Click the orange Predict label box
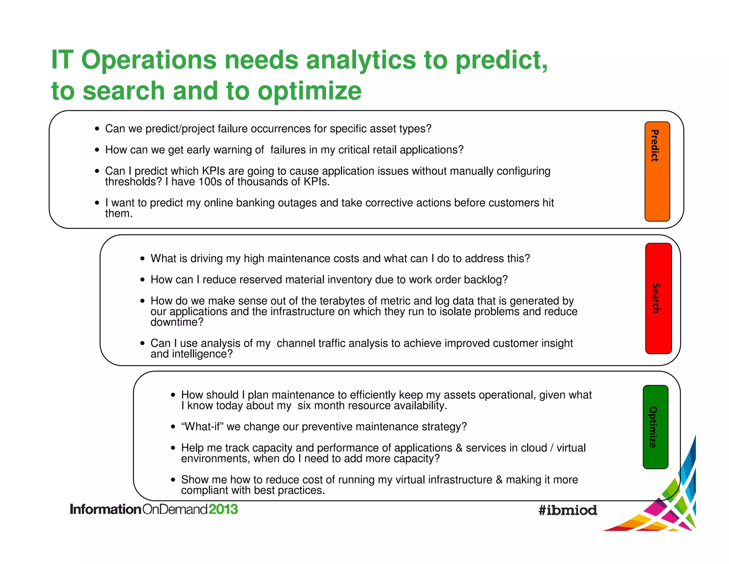click(657, 171)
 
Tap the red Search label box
click(658, 298)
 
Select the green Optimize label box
click(655, 427)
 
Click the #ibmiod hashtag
click(567, 510)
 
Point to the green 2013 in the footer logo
click(223, 509)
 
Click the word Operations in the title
click(149, 60)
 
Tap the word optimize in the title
click(309, 91)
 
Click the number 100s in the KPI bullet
click(210, 182)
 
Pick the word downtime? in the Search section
click(177, 322)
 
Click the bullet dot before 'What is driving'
click(142, 259)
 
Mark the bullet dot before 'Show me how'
click(173, 480)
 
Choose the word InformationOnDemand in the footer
click(139, 509)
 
